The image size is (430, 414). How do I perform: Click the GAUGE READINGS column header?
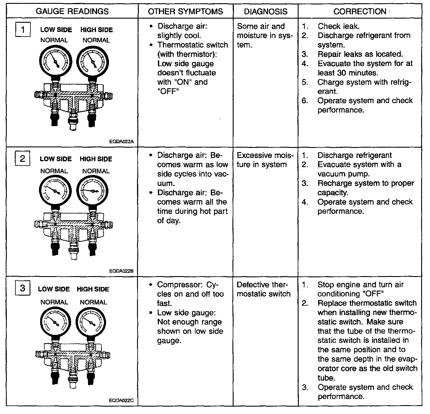pos(72,12)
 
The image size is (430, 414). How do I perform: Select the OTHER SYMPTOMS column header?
pos(185,12)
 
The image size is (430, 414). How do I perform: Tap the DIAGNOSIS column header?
pos(266,12)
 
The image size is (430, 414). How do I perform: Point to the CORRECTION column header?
pos(360,12)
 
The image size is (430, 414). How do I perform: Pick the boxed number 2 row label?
pos(22,159)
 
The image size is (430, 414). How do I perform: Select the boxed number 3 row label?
pos(22,288)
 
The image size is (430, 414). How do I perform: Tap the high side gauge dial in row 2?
pos(92,191)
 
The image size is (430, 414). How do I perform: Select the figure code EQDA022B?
pos(121,270)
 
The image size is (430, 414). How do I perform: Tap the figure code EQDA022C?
pos(121,401)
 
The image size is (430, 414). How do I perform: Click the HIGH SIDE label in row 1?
pos(96,30)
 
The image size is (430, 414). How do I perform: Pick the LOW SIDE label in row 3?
pos(54,289)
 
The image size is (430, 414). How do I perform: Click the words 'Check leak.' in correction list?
pos(338,26)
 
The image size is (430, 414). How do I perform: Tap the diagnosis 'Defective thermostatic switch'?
pos(263,289)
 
